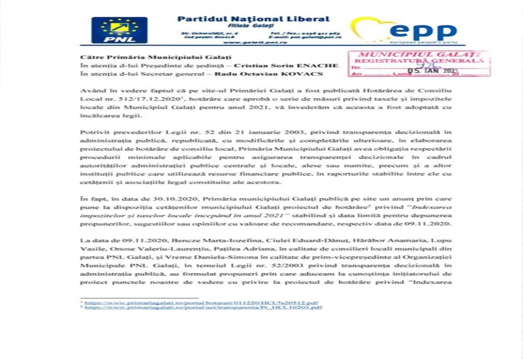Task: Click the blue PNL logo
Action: point(119,30)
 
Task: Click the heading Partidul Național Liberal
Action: point(253,19)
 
